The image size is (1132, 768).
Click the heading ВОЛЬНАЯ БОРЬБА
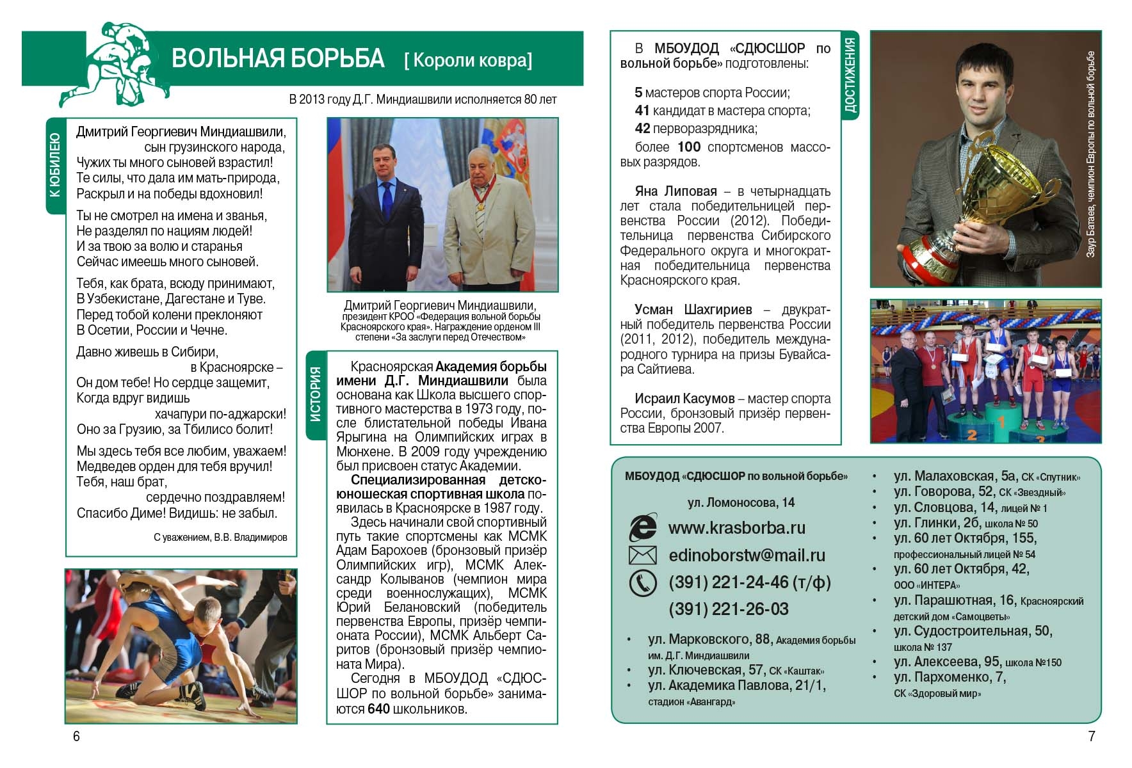(x=278, y=58)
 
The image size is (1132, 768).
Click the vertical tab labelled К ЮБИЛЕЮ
(x=55, y=165)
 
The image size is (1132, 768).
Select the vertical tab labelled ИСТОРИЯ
(x=316, y=395)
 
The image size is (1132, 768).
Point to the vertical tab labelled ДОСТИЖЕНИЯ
(x=850, y=75)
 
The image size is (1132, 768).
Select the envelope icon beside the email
(x=642, y=555)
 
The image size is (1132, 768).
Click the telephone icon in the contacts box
(x=642, y=582)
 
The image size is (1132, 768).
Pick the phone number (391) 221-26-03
(x=728, y=609)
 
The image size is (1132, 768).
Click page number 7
(x=1092, y=736)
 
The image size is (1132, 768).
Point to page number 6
(x=76, y=736)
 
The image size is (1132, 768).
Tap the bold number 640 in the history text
(x=378, y=709)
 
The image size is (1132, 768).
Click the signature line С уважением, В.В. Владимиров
(x=220, y=538)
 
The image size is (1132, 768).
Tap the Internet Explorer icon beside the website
(x=642, y=527)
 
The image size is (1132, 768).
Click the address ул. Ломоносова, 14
(x=741, y=502)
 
